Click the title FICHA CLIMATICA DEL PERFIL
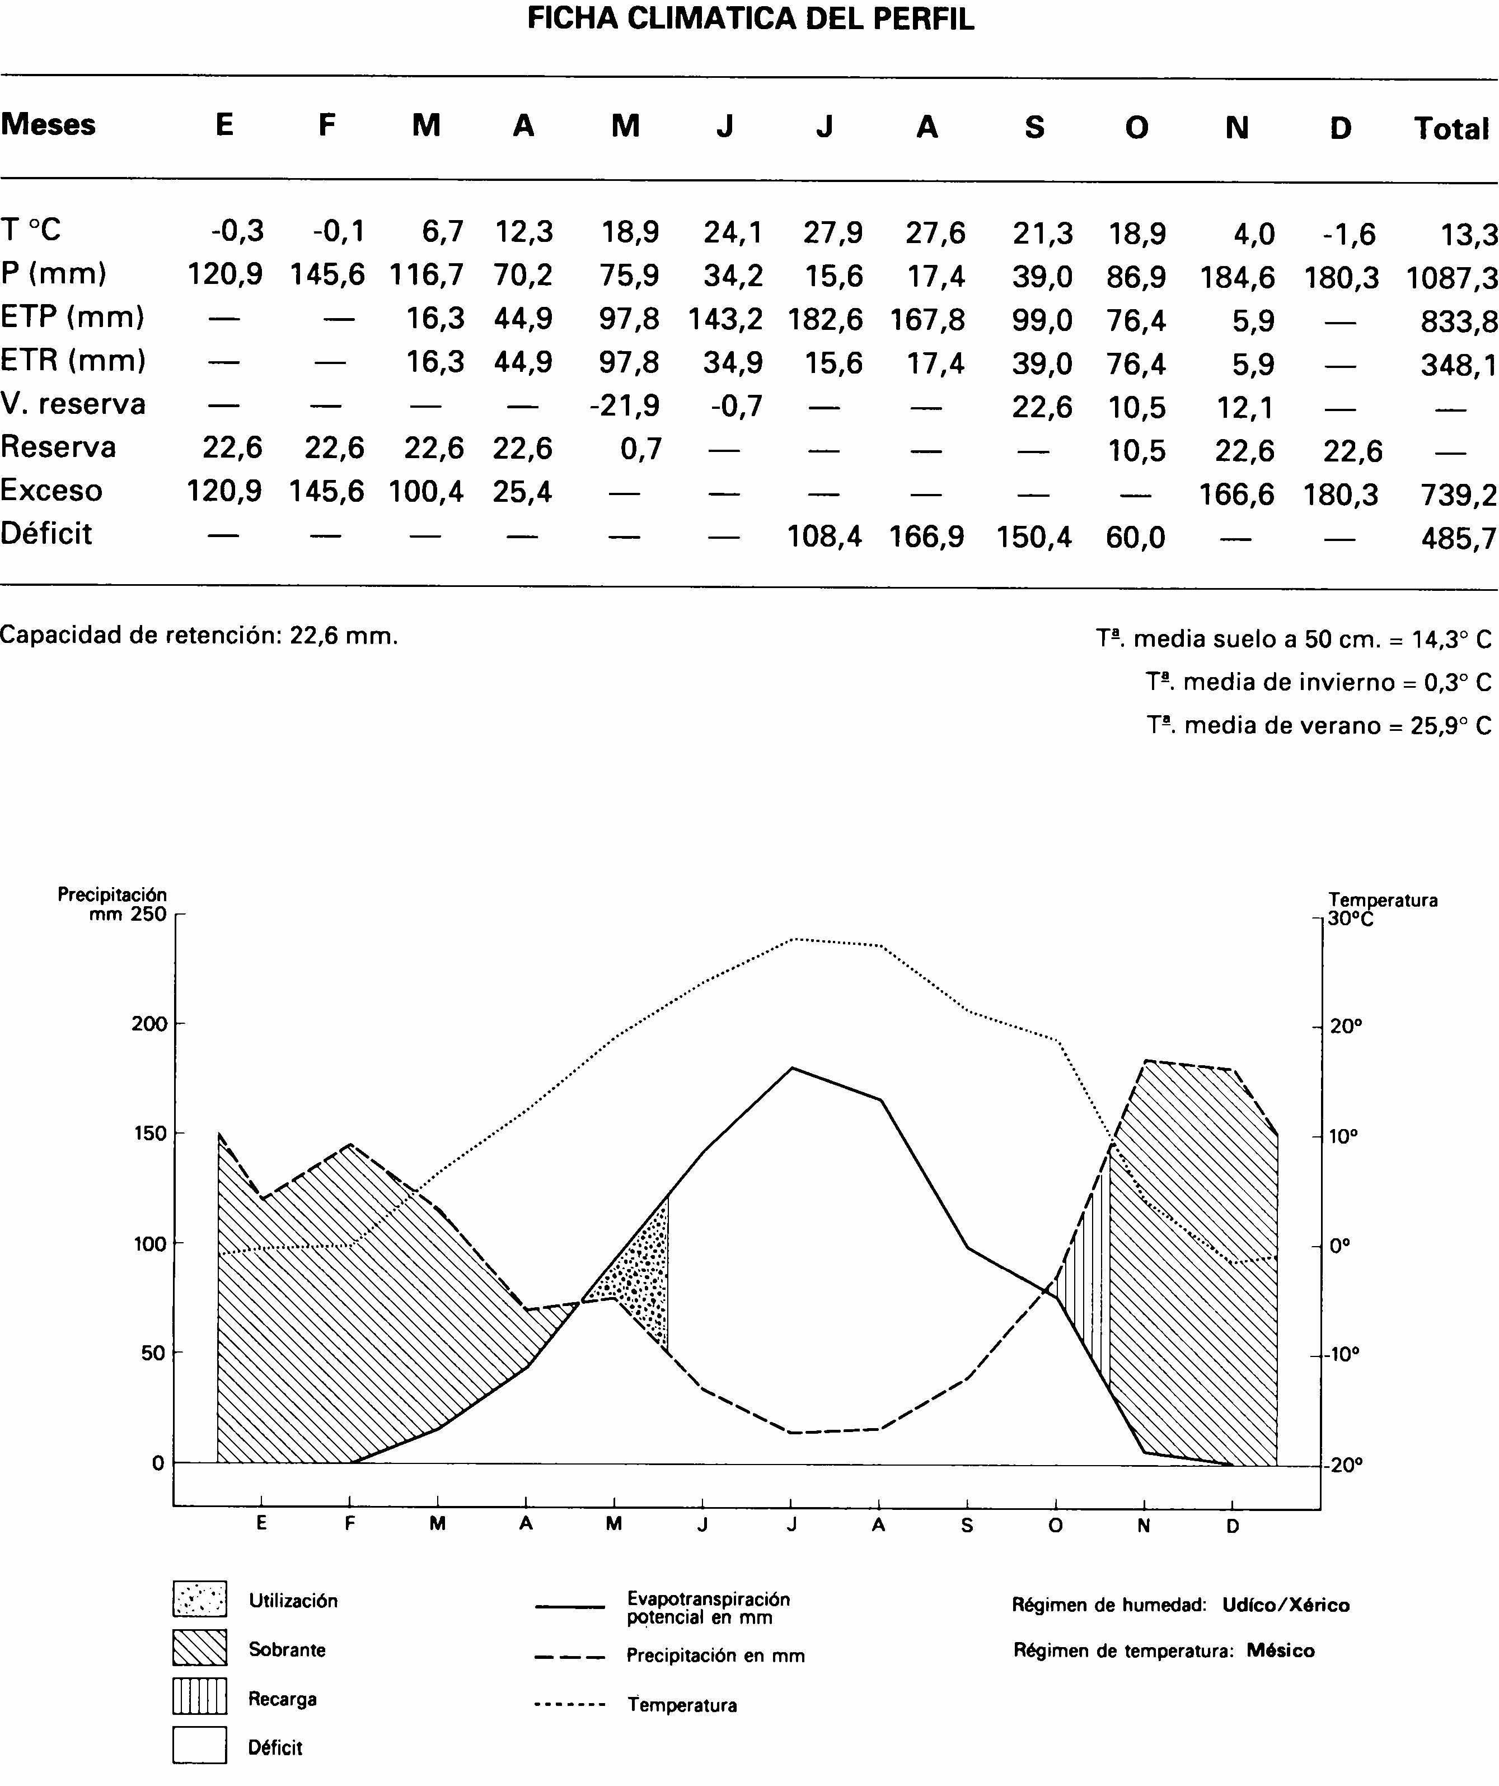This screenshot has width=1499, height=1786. point(750,18)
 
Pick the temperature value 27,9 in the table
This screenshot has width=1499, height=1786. point(832,232)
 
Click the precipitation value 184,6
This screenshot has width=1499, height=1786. point(1237,277)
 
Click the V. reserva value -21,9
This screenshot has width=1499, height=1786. point(624,405)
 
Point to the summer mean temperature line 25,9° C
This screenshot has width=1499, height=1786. point(1318,725)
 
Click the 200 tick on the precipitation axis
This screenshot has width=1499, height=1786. point(149,1024)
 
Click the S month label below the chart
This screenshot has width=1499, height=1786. point(967,1526)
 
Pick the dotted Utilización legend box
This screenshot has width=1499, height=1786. point(200,1599)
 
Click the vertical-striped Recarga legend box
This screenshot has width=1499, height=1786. point(200,1696)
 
